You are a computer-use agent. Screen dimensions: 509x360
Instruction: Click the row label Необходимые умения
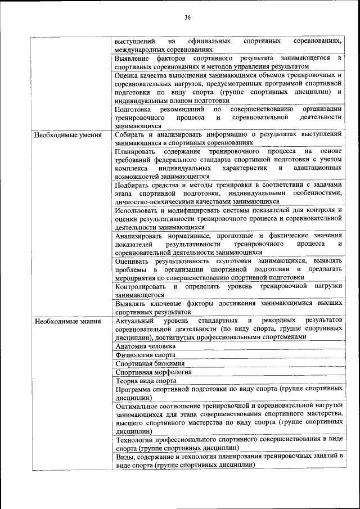[68, 135]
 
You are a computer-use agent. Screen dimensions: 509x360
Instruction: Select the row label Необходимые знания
[67, 322]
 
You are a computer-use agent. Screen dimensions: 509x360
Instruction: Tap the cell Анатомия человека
[145, 346]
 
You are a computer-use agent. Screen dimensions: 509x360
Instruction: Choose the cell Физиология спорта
[145, 355]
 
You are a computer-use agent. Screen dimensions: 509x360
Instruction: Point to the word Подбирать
[132, 185]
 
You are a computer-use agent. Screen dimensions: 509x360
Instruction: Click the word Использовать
[137, 210]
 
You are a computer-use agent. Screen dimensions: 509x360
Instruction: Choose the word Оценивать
[133, 261]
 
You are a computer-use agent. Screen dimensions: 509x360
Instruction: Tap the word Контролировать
[139, 286]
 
